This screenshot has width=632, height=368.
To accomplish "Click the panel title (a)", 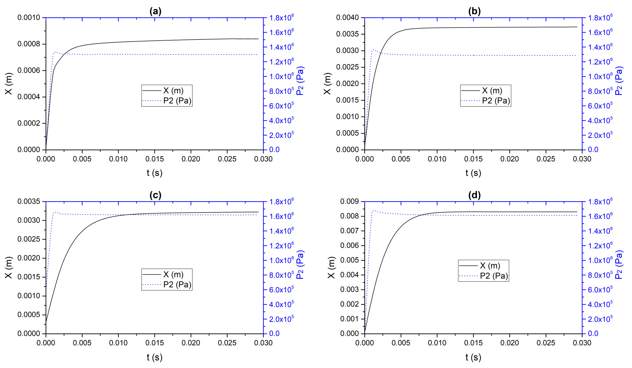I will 155,11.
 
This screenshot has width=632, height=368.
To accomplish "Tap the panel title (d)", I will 474,195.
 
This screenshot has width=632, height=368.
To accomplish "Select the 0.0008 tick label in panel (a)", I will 29,44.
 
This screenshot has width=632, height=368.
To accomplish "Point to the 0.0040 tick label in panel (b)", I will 347,18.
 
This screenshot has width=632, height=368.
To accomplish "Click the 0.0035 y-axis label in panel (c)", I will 29,202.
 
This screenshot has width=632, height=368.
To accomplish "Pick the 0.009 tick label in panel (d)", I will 349,202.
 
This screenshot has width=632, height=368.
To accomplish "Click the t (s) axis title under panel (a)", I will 154,173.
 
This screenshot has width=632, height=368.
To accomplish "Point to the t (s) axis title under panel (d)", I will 473,357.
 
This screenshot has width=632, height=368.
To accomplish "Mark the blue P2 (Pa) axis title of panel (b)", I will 619,81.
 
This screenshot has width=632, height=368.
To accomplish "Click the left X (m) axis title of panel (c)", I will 8,267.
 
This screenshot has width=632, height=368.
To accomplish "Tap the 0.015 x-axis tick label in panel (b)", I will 473,159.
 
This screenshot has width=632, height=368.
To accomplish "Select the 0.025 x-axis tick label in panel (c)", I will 227,343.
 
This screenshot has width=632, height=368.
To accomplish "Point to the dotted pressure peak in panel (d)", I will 373,211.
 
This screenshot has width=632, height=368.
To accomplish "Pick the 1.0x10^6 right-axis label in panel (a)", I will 281,76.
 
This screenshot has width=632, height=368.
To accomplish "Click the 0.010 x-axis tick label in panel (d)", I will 437,343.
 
